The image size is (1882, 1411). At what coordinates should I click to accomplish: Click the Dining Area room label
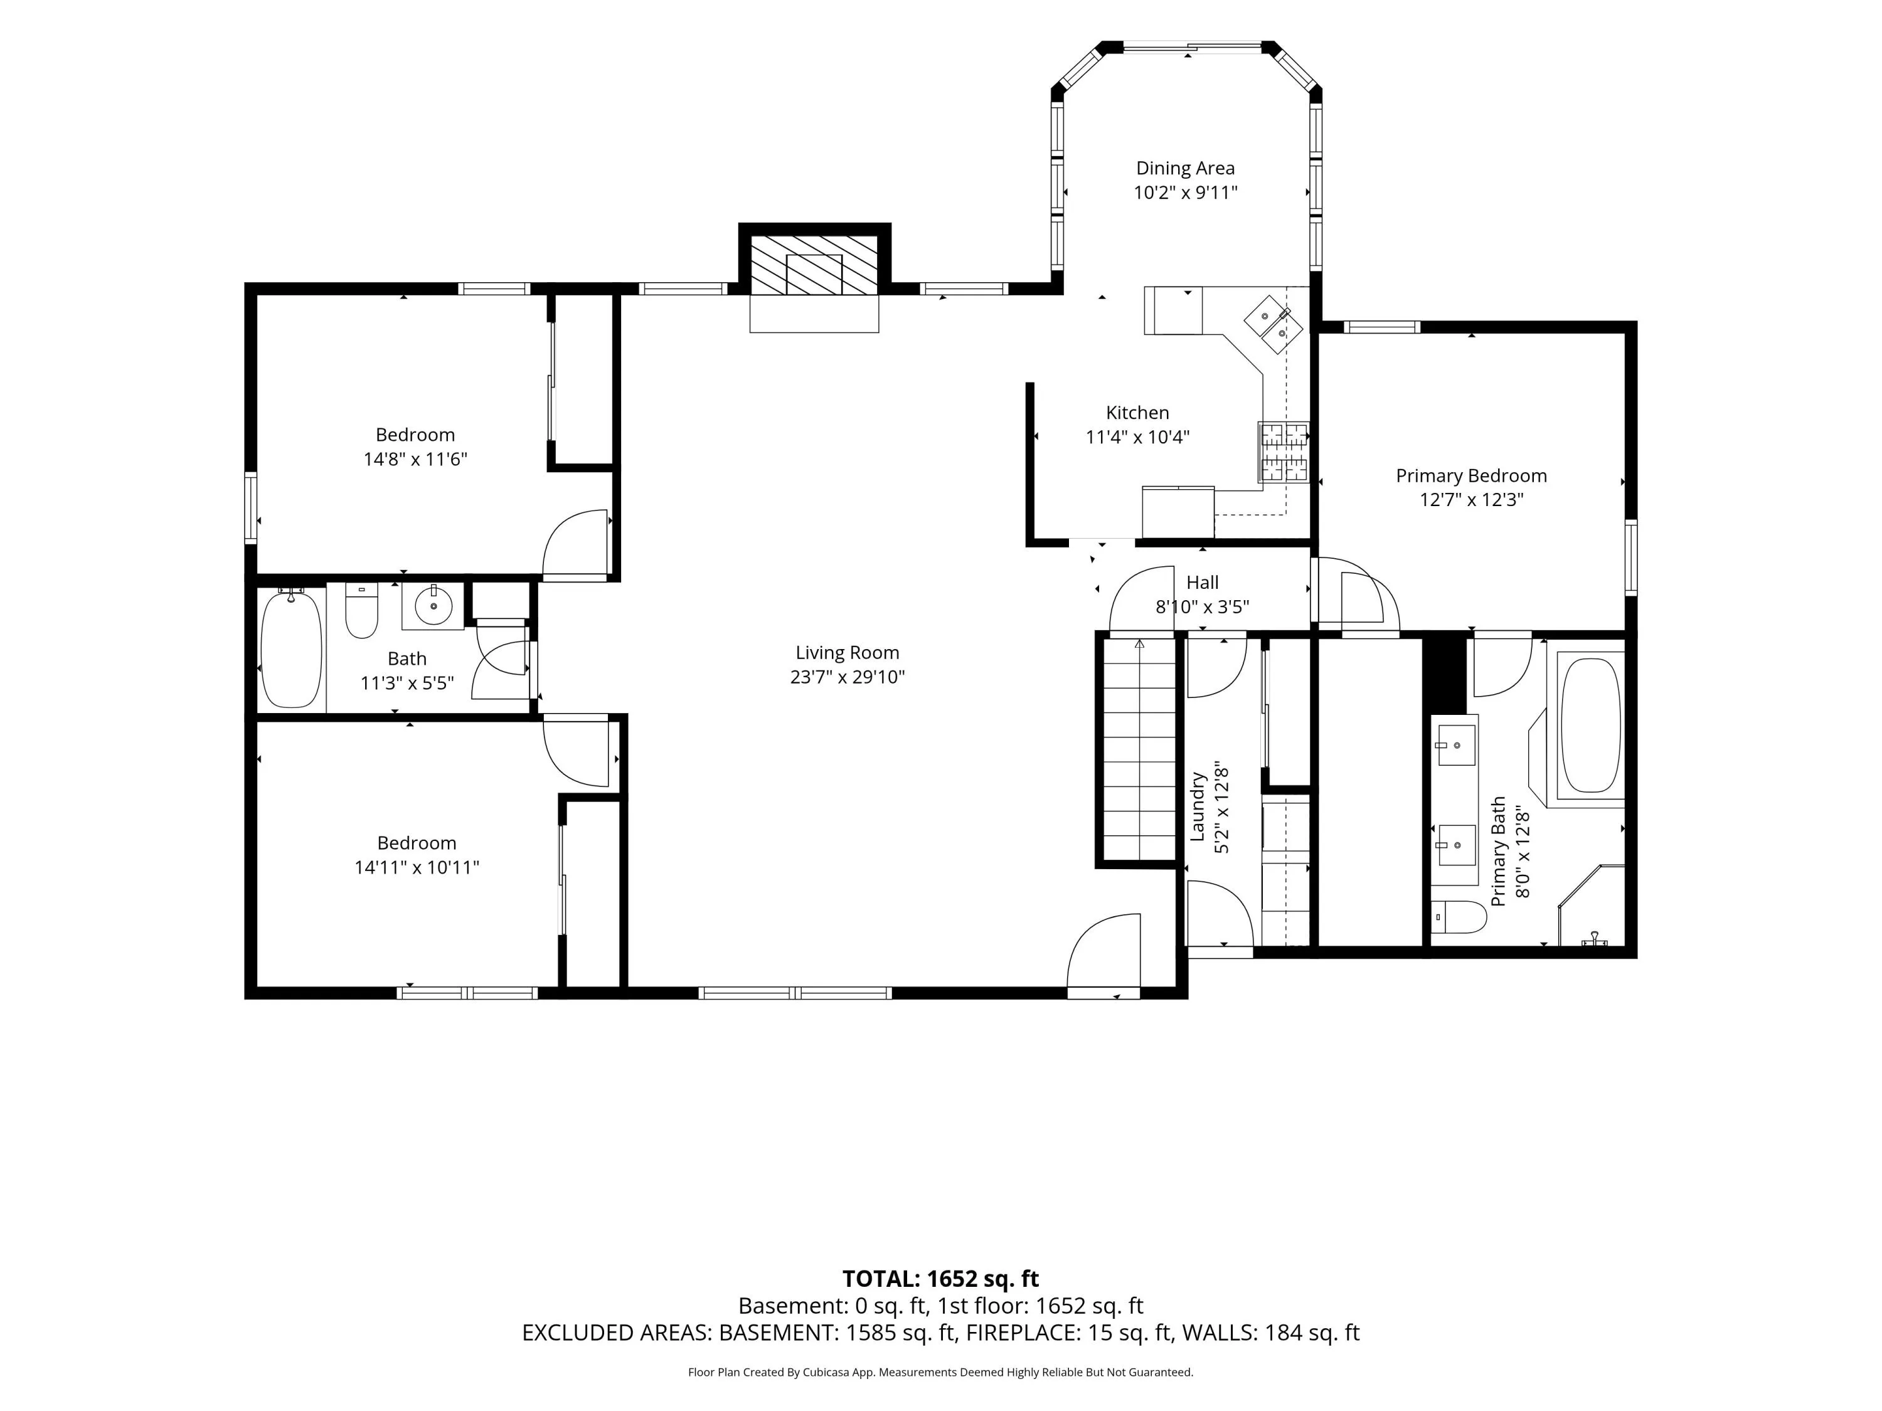1185,169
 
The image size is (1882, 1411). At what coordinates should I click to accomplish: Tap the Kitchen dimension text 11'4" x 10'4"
1137,437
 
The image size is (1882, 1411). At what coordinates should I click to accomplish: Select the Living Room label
848,653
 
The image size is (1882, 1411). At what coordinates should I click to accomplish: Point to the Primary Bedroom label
1471,476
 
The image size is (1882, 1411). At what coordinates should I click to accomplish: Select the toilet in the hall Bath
361,610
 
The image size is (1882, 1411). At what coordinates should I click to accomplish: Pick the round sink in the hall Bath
434,606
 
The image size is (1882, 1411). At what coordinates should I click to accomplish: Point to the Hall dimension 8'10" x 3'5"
1202,607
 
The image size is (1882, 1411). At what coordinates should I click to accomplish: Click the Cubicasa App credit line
940,1372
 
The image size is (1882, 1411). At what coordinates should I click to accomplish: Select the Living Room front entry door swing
1103,950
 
